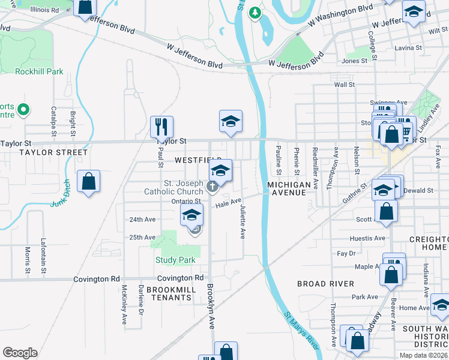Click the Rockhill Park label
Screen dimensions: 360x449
coord(39,72)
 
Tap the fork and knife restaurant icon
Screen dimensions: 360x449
coord(161,126)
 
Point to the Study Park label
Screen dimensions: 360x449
coord(175,260)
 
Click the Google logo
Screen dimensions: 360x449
coord(20,353)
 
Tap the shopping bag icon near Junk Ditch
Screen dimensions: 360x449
coord(88,181)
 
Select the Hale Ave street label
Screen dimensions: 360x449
coord(229,204)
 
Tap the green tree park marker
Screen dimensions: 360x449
coord(256,12)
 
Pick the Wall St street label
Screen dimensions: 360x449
coord(345,85)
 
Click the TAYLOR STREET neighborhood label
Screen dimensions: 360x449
coord(45,152)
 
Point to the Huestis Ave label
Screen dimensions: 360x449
coord(367,238)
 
